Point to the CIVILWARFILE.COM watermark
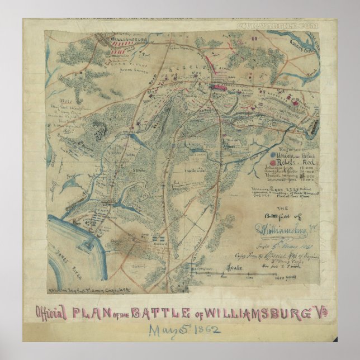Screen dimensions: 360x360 (x=277, y=26)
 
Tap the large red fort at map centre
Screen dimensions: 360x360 (x=218, y=87)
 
